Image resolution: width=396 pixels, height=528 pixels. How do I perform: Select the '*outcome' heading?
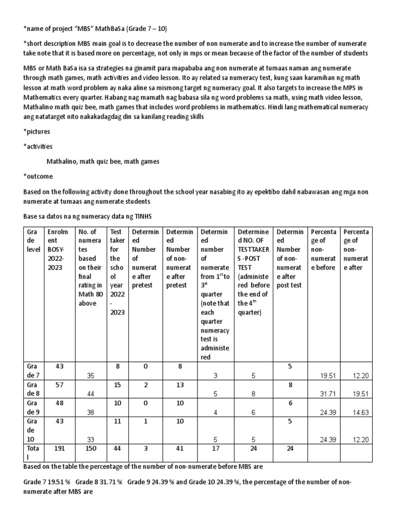pos(38,176)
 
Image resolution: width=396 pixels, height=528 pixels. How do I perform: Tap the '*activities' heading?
pos(38,146)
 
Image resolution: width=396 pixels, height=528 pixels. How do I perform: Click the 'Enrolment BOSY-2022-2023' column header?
pos(57,250)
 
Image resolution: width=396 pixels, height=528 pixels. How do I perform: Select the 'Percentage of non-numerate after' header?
pos(356,250)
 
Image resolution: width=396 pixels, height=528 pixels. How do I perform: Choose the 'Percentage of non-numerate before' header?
pos(323,250)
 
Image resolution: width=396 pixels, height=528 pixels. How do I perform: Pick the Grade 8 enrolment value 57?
pos(59,385)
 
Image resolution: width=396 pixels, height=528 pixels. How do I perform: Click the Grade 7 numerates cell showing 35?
pos(90,375)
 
